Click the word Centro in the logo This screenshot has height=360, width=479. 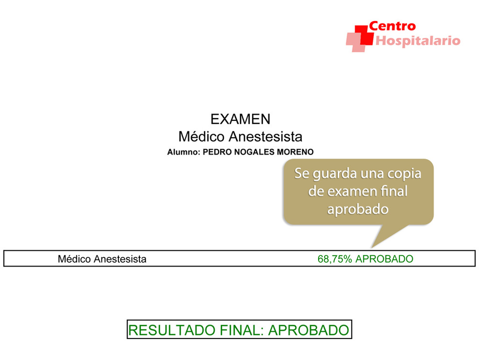click(393, 26)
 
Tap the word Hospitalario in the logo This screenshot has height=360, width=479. click(418, 41)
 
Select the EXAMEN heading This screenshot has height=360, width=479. click(240, 119)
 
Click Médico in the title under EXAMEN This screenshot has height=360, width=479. click(202, 136)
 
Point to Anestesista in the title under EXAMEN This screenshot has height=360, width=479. click(265, 137)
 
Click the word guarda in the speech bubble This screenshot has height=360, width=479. click(335, 174)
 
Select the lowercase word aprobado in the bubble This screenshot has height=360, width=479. click(358, 209)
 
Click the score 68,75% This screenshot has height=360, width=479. click(335, 259)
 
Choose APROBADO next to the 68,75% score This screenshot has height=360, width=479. click(384, 259)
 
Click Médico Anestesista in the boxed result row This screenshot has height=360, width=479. click(102, 259)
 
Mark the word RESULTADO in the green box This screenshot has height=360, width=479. click(172, 330)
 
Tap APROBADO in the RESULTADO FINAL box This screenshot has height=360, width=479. click(308, 330)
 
